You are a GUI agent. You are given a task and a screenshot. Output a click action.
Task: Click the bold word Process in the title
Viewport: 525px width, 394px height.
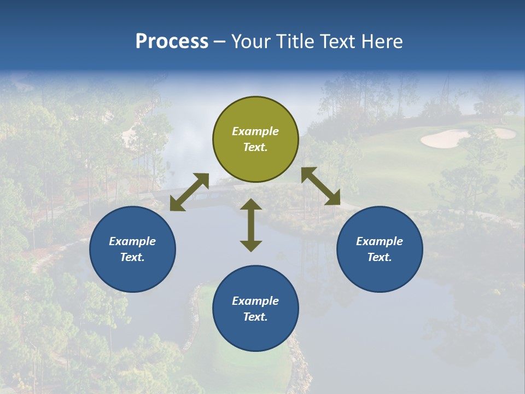(x=172, y=42)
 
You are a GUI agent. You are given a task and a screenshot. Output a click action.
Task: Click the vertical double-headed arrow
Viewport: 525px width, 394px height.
(x=251, y=225)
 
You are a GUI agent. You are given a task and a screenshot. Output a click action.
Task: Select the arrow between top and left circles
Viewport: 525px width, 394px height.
(x=189, y=192)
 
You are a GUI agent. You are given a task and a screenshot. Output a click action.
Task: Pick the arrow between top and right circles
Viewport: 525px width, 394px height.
(x=321, y=186)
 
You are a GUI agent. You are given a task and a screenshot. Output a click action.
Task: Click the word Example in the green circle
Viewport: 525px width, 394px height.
(x=255, y=131)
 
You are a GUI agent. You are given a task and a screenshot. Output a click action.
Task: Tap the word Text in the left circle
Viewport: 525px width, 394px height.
(x=132, y=257)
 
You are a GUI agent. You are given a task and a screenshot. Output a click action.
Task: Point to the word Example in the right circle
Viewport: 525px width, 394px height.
(x=380, y=241)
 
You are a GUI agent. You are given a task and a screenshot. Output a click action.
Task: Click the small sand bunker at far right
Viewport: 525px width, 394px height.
(x=504, y=133)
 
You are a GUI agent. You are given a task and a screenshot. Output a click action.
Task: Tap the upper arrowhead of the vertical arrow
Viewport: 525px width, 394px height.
(x=251, y=204)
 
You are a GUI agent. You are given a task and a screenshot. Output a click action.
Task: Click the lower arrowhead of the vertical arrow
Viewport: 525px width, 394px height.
(x=251, y=246)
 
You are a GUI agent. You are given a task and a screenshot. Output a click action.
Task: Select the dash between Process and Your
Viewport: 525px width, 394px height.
(x=219, y=42)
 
